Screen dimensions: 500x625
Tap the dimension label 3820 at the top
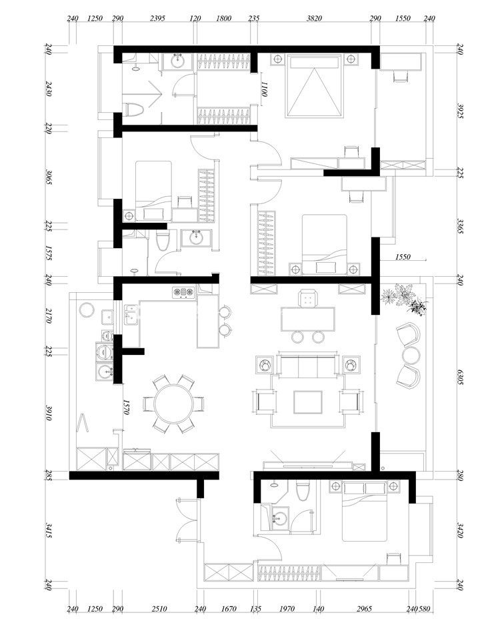[315, 18]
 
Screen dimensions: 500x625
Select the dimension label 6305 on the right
[460, 377]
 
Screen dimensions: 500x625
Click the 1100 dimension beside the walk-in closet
[263, 89]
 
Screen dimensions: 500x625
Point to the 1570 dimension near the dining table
[126, 408]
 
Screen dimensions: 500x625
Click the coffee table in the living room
[308, 402]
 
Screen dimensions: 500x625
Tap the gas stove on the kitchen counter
[183, 293]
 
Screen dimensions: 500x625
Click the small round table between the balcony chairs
[411, 355]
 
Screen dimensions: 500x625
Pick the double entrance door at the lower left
[187, 520]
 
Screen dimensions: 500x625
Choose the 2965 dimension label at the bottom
[364, 608]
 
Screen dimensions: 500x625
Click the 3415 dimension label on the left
[48, 530]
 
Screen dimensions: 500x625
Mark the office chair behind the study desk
[307, 298]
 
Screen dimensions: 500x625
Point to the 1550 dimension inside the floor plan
[403, 257]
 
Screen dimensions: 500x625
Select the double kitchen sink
[131, 315]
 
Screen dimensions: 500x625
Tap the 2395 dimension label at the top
[158, 18]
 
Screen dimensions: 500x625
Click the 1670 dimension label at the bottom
[229, 608]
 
